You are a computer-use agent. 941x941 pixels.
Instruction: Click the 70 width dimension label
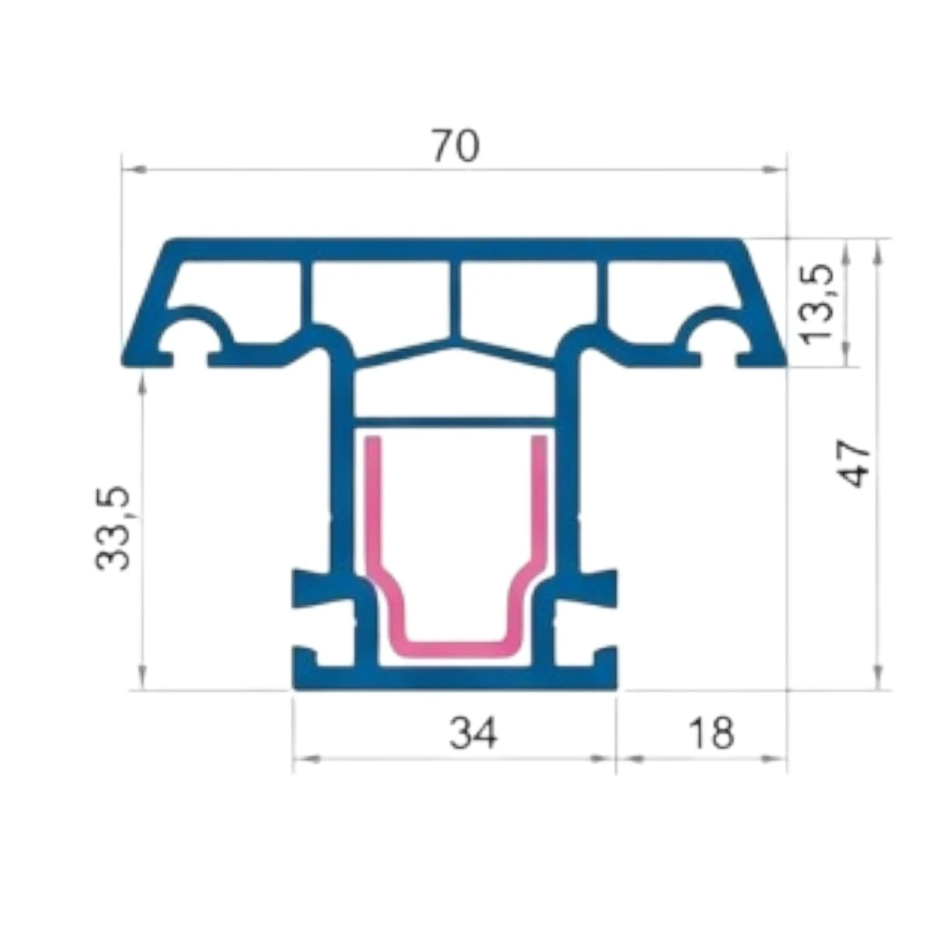click(456, 146)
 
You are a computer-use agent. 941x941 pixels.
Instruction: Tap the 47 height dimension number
click(856, 464)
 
